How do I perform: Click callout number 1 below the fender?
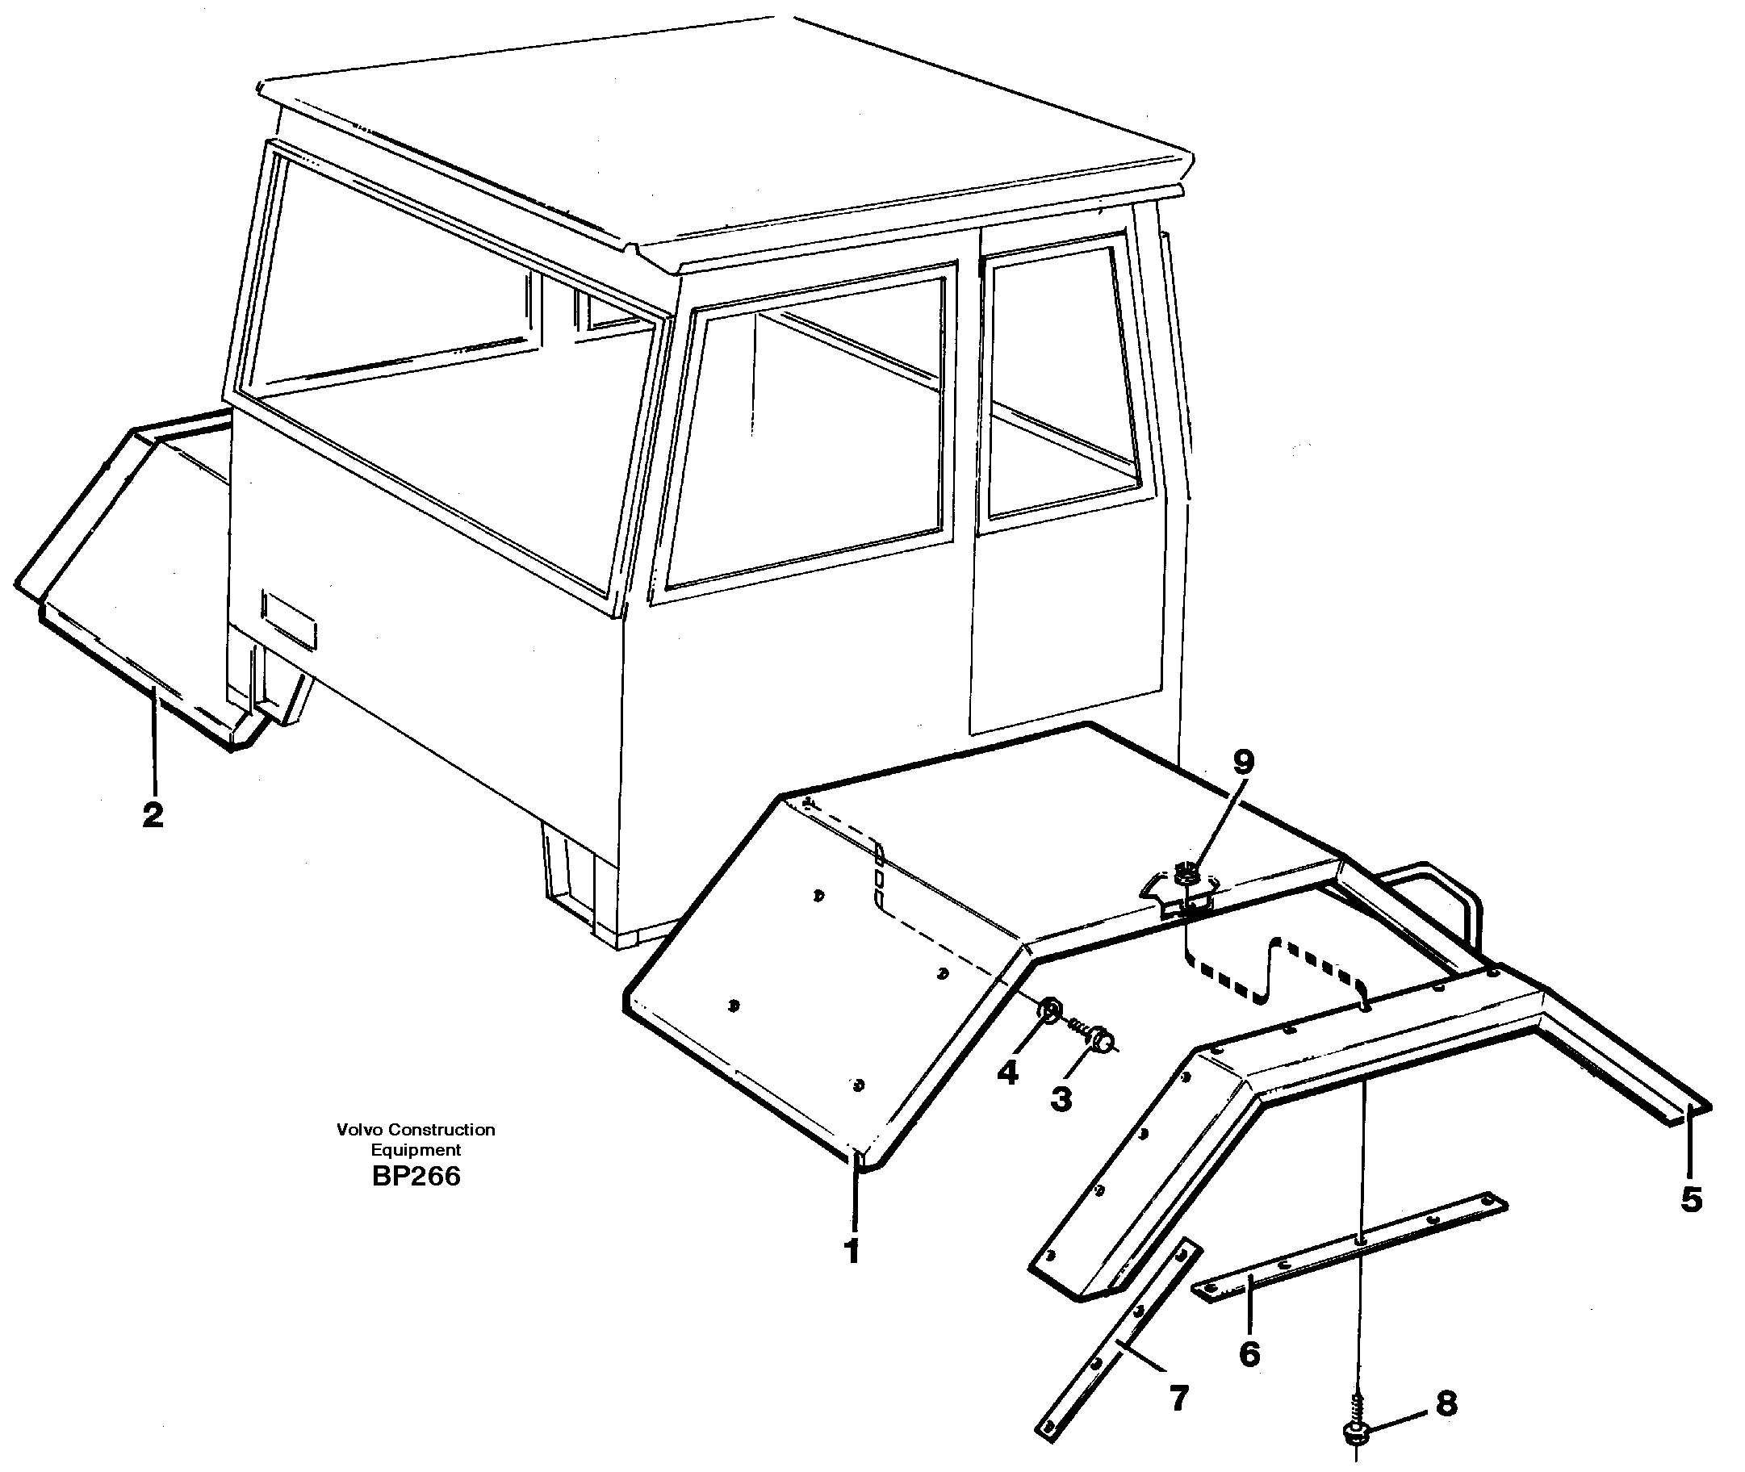(852, 1251)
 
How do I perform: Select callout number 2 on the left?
(153, 814)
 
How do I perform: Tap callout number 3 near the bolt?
(1061, 1099)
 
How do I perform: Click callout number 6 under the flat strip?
(1249, 1353)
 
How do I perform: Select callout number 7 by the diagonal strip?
(1178, 1398)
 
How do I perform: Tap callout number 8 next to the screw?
(1446, 1403)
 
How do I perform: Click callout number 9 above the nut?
(1243, 761)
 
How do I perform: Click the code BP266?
(416, 1177)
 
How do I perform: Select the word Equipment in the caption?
(416, 1150)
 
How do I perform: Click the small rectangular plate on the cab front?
(289, 619)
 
